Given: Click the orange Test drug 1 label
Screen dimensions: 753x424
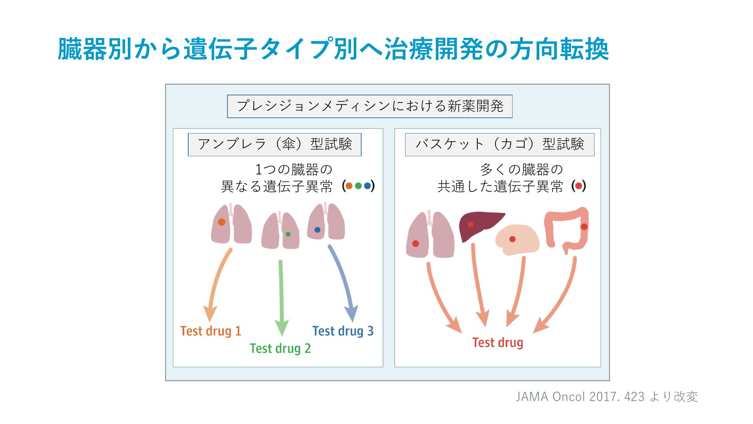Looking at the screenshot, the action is coord(211,331).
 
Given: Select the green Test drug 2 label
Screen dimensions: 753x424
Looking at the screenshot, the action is coord(280,348).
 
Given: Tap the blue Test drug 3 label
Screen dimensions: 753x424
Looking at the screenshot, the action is coord(343,331).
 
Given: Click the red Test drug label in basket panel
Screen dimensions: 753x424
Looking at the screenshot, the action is coord(498,342).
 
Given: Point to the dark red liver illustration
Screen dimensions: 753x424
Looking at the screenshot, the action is coord(481,226).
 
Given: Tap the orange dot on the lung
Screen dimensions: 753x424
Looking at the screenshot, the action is coord(222,222).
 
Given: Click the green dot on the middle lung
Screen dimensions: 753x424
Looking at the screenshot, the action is coord(288,234).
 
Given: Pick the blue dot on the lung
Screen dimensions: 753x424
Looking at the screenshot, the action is coord(317,230).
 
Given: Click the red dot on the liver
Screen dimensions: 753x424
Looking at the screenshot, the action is coord(471,225).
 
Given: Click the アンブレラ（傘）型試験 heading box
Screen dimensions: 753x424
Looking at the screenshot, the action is coord(275,144).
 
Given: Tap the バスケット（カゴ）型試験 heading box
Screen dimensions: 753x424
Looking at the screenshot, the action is coord(500,144).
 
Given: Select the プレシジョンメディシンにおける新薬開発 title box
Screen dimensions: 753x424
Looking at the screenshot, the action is coord(370,106).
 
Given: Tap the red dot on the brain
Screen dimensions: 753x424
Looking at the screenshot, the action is coord(512,239).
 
